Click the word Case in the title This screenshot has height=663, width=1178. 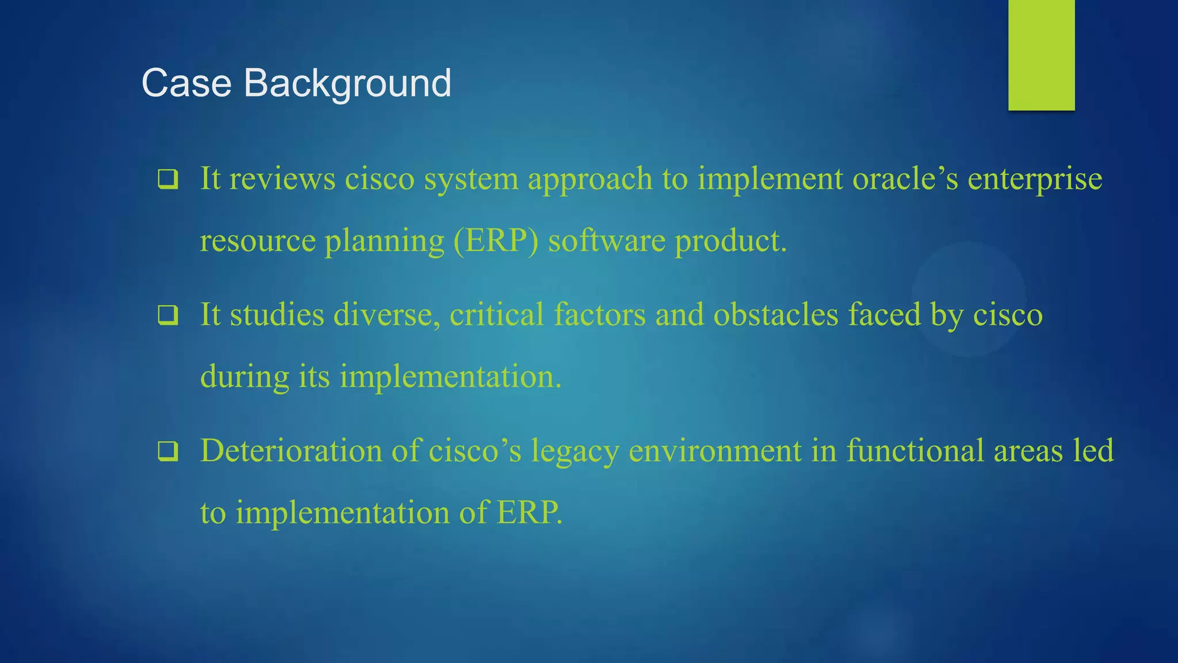[186, 83]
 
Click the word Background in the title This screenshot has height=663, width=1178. [347, 84]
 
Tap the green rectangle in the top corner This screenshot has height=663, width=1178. [1041, 55]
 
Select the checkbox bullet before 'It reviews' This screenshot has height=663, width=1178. [168, 180]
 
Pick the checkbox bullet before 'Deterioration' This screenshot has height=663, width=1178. [168, 452]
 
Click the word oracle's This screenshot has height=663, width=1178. [905, 178]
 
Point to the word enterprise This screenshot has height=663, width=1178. [1035, 180]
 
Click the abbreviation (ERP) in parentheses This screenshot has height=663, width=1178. [496, 241]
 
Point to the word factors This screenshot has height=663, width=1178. [600, 315]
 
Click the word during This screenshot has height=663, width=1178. [244, 377]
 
